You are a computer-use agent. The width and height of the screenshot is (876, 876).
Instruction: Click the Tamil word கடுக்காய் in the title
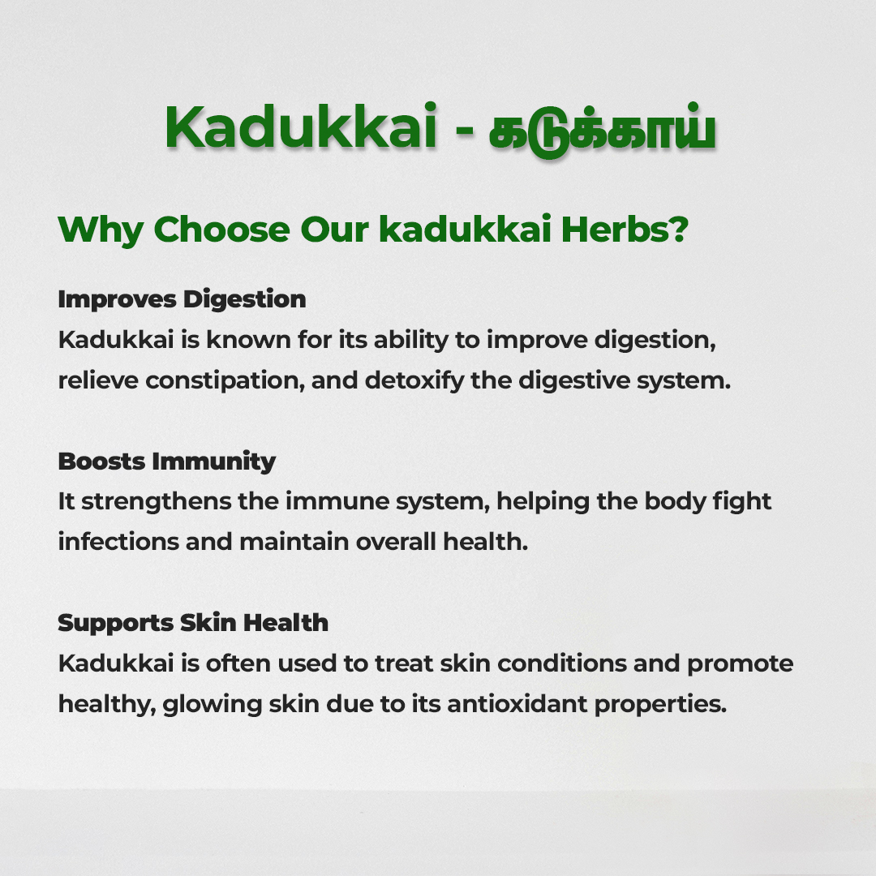pos(602,130)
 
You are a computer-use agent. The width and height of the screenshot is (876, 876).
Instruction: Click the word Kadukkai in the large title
pos(301,127)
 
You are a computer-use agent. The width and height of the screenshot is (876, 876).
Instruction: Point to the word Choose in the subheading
pos(221,229)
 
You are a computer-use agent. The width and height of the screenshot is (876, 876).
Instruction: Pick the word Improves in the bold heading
pos(118,300)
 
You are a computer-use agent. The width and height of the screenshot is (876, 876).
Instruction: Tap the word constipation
pos(225,381)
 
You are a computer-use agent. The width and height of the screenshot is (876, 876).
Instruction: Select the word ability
pos(411,340)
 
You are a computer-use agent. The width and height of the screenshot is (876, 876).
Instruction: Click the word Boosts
pos(101,462)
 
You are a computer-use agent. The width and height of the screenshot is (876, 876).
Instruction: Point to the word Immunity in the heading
pos(214,462)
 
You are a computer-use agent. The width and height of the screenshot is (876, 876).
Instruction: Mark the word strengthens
pos(157,502)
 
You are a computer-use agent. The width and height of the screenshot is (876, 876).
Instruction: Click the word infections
pos(118,542)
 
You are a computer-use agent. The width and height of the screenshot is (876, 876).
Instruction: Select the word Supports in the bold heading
pos(116,624)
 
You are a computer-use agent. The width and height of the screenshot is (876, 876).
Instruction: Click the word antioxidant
pos(517,704)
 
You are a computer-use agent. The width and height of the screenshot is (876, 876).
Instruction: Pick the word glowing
pos(213,705)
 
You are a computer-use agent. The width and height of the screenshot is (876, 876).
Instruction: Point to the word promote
pos(741,664)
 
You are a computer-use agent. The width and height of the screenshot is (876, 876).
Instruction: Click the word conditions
pos(562,663)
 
